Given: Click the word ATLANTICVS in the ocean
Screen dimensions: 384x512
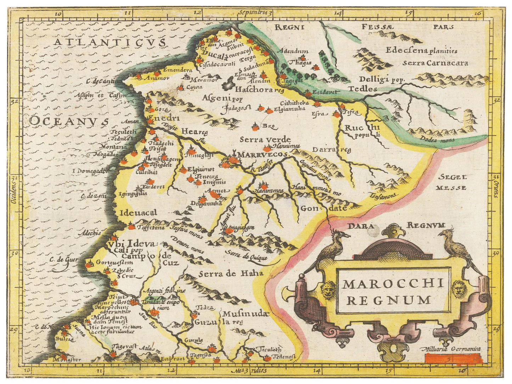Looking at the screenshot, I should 110,43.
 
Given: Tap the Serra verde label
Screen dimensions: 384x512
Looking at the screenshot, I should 265,139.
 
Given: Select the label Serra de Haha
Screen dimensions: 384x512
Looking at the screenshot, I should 231,273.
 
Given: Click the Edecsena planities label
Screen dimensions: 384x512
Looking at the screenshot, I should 422,50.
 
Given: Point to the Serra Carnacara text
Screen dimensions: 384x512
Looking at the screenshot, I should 435,63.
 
